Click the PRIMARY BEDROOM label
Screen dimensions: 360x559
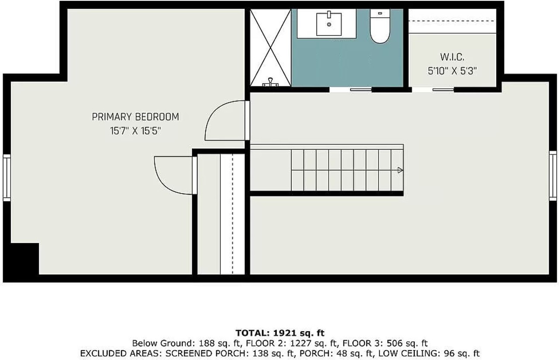[x=135, y=117]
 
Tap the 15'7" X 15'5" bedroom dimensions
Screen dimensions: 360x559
[x=135, y=130]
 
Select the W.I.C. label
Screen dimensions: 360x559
[x=452, y=57]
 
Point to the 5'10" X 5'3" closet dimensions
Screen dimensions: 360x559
[x=452, y=71]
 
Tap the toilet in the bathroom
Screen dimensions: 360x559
[x=379, y=27]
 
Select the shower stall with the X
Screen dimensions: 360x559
[x=270, y=47]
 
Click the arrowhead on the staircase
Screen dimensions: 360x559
[x=400, y=171]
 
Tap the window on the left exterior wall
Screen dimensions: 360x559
[x=7, y=177]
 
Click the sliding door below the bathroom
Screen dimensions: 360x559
[x=350, y=89]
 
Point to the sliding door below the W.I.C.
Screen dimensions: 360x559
[x=433, y=89]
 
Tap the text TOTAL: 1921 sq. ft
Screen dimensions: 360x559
[x=280, y=333]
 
